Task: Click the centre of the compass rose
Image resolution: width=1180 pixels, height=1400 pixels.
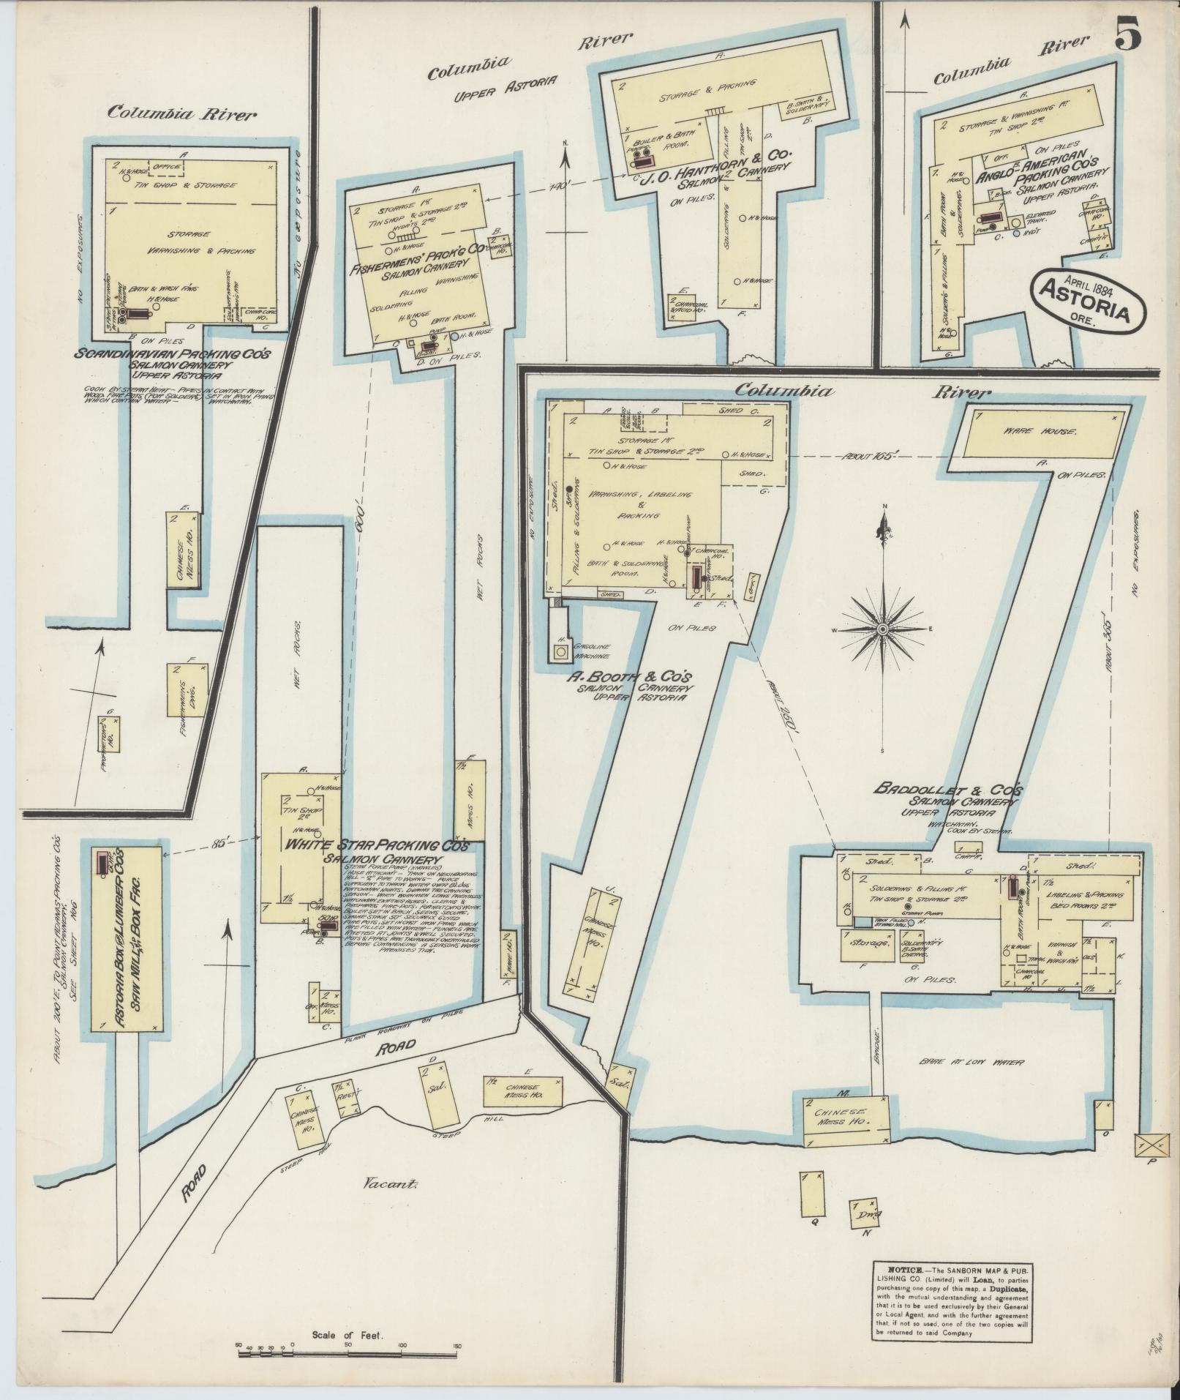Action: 883,629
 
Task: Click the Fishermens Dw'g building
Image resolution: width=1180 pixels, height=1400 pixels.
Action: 187,690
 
